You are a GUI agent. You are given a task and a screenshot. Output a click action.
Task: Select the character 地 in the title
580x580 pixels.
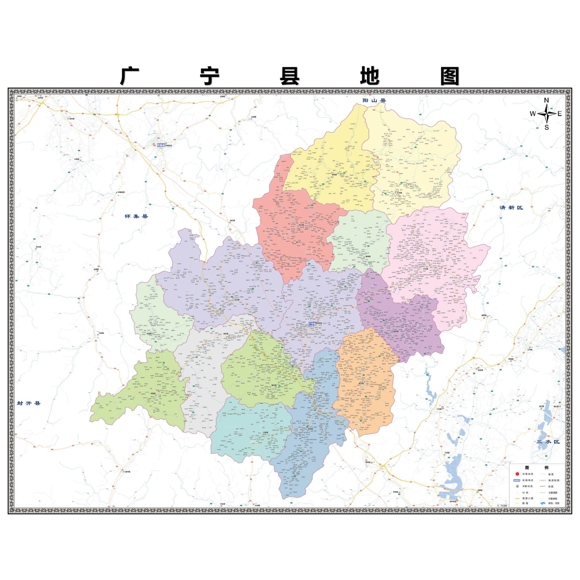pos(370,77)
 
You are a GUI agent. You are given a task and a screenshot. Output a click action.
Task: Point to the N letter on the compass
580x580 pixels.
pos(547,100)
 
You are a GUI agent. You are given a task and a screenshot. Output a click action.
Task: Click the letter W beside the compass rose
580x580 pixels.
pos(533,114)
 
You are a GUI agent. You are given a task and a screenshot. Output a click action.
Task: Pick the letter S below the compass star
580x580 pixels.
pos(547,128)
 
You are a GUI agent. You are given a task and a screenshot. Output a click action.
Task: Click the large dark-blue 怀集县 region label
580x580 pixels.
pos(137,216)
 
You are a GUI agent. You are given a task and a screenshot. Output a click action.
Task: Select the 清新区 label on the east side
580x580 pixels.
pos(511,207)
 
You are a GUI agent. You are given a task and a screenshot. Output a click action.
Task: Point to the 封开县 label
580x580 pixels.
pos(29,403)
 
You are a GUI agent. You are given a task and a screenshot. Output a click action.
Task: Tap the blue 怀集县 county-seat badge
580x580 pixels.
pos(161,145)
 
